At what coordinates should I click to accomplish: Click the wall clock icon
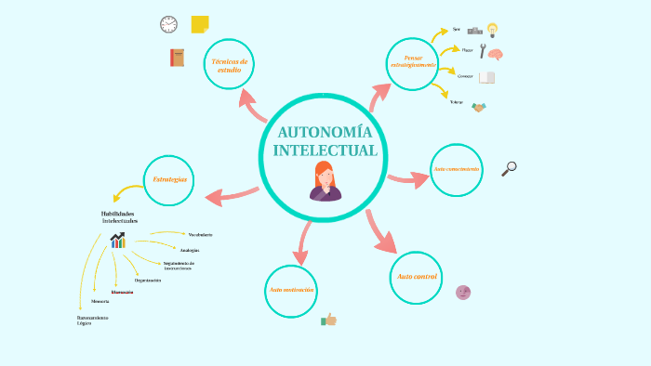pos(168,24)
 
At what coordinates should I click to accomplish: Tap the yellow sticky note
pos(199,24)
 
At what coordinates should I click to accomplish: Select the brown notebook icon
pos(177,58)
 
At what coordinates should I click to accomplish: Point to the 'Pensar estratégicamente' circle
pos(412,62)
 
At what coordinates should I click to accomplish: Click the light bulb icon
pos(492,30)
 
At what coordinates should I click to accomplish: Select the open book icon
pos(486,78)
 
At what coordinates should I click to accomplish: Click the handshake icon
pos(479,107)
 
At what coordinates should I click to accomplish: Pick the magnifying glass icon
pos(509,168)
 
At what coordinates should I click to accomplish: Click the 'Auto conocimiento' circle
pos(457,170)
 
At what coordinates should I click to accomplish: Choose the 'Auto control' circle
pos(416,278)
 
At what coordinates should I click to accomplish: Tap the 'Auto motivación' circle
pos(291,291)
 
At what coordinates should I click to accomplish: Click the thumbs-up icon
pos(328,320)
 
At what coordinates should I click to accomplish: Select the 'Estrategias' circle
pos(170,178)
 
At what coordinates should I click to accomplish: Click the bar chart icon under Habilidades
pos(117,241)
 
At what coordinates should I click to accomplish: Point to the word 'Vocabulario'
pos(200,234)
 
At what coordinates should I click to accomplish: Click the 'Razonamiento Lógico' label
pos(93,320)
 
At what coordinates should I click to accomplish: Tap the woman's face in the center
pos(325,176)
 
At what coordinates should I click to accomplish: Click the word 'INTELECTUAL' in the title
pos(325,150)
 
